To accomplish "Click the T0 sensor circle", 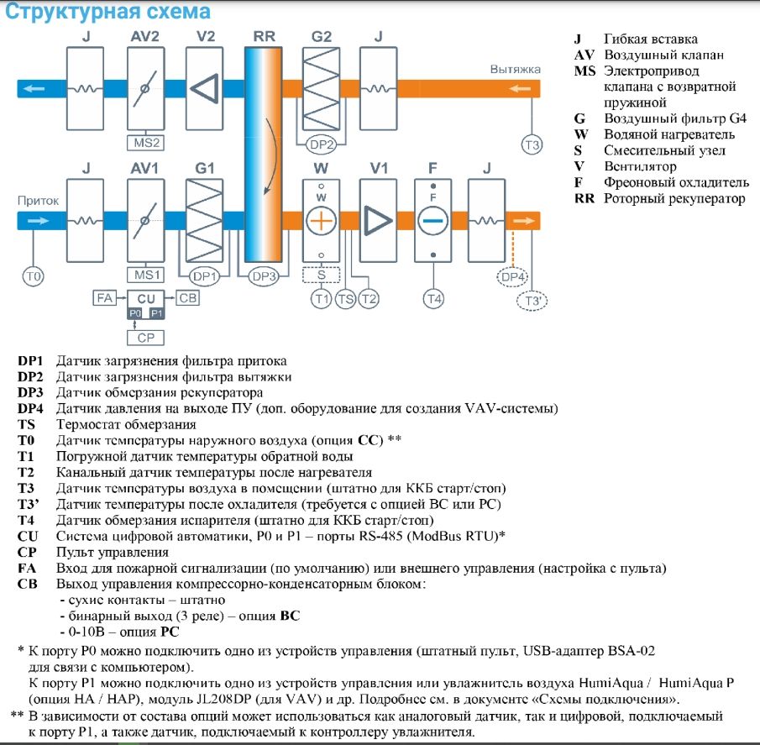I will (34, 275).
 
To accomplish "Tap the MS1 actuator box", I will (144, 275).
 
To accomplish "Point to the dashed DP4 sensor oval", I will (513, 275).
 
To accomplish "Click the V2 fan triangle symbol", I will (204, 88).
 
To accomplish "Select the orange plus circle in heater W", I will (322, 221).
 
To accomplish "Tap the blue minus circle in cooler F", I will (433, 221).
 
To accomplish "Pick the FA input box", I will (104, 297).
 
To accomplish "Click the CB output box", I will (188, 297).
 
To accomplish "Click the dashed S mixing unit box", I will (322, 275).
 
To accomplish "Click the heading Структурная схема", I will (108, 13).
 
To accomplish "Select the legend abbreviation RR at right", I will (584, 199).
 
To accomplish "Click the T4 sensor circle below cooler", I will (433, 297).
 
